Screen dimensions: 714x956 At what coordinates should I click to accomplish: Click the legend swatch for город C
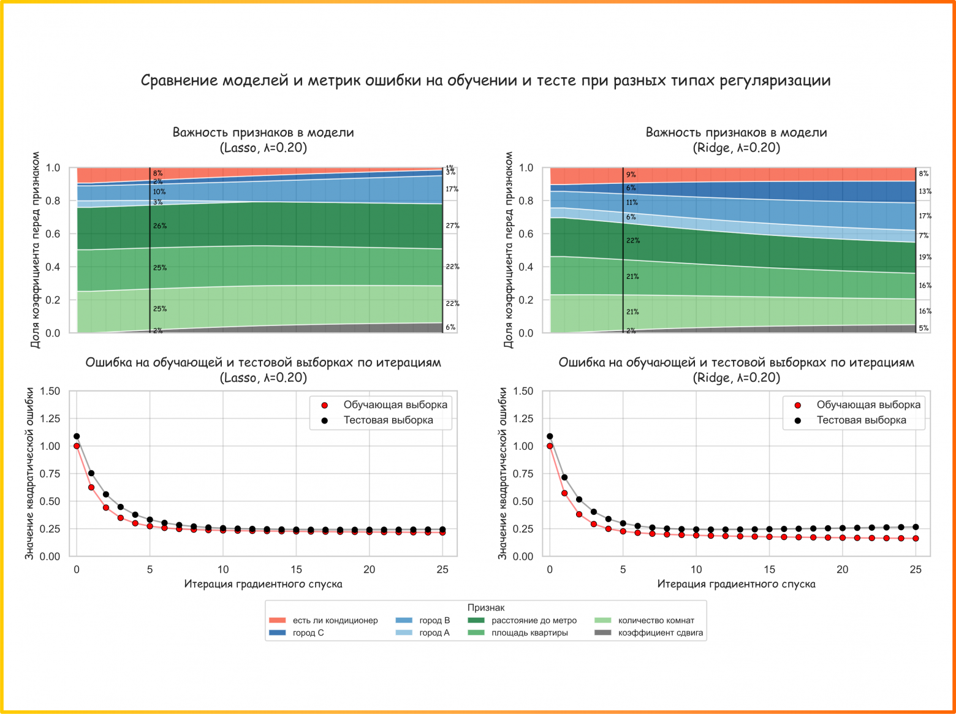tap(277, 633)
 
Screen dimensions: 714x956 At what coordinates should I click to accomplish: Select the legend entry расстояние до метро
tap(534, 620)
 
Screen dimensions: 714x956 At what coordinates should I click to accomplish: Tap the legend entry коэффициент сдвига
tap(660, 633)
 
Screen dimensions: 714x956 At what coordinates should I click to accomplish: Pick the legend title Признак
tap(486, 607)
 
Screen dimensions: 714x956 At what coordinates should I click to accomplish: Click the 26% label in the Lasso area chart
tap(160, 226)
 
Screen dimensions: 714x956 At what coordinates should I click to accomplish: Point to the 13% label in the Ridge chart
tap(925, 192)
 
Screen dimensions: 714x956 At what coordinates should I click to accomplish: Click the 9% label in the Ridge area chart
tap(631, 175)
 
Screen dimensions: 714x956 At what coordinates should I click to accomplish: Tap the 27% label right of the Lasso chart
tap(452, 226)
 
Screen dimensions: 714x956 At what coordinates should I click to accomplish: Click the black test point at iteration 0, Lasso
tap(77, 436)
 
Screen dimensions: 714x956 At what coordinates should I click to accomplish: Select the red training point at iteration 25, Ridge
tap(916, 539)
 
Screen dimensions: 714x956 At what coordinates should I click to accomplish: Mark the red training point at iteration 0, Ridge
tap(550, 446)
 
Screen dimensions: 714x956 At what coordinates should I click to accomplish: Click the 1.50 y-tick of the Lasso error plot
tap(50, 391)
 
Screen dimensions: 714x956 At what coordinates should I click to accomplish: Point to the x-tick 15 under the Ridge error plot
tap(769, 569)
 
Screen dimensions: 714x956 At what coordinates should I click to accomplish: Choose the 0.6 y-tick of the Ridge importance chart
tap(526, 234)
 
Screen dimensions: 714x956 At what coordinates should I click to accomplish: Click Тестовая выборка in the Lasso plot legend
tap(388, 420)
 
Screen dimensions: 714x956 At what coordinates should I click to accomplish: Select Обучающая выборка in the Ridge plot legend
tap(868, 405)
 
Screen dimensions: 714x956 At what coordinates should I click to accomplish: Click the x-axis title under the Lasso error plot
tap(263, 584)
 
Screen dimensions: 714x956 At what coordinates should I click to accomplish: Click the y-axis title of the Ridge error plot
tap(503, 473)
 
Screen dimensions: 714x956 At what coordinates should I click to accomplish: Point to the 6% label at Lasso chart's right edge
tap(450, 327)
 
